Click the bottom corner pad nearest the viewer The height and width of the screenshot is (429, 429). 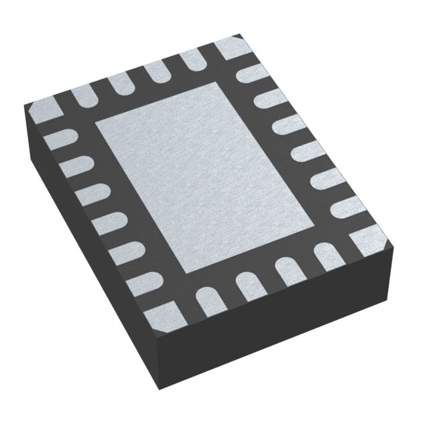(x=161, y=312)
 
